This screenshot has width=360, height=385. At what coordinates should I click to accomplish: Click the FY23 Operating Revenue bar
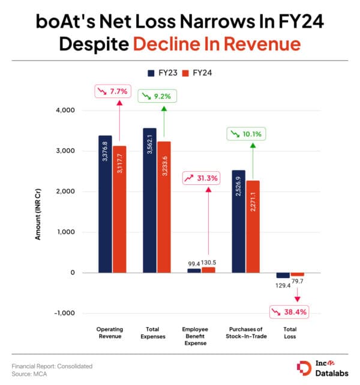(106, 204)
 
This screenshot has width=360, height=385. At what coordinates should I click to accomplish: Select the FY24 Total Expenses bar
(164, 207)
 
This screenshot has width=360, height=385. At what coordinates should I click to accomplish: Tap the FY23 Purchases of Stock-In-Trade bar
(238, 222)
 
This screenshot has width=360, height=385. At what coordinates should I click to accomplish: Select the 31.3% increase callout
(202, 178)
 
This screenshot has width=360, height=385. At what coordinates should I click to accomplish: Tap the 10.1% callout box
(245, 135)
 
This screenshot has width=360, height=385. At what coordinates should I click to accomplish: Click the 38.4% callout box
(292, 312)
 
